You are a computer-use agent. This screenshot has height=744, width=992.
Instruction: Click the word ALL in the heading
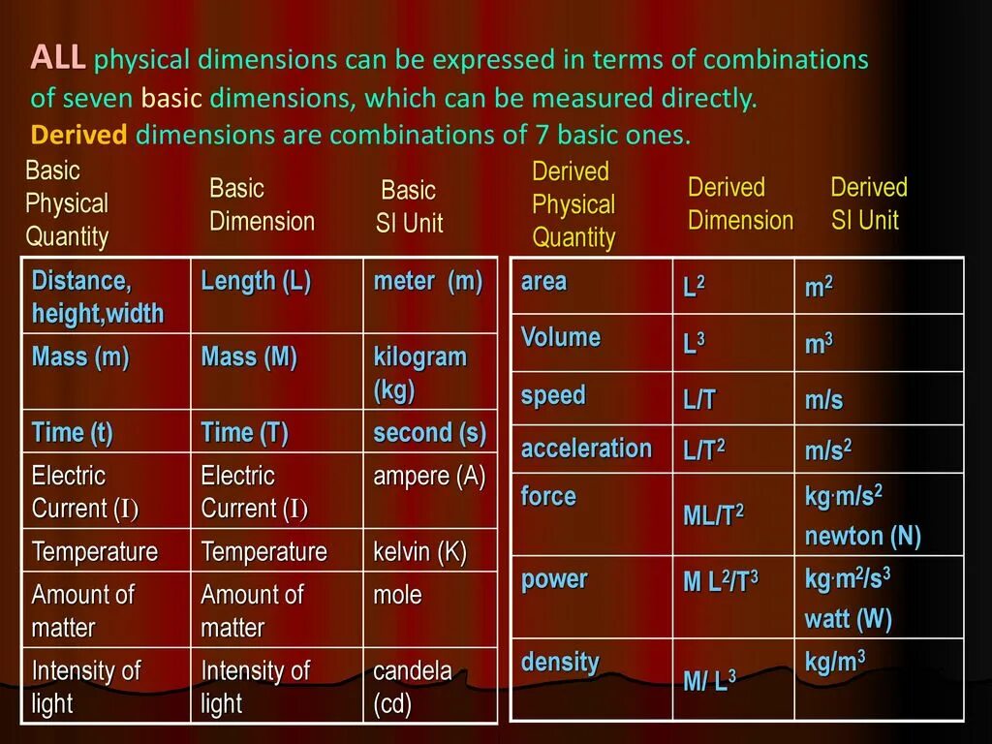pyautogui.click(x=57, y=58)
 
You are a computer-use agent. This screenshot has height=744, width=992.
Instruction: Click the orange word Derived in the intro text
pyautogui.click(x=78, y=135)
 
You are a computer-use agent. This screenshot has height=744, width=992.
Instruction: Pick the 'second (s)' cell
pyautogui.click(x=429, y=433)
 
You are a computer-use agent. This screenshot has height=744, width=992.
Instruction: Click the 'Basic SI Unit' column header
pyautogui.click(x=409, y=206)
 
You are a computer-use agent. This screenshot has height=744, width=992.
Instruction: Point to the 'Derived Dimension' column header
pyautogui.click(x=740, y=203)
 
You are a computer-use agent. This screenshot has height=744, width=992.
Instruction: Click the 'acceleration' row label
pyautogui.click(x=586, y=449)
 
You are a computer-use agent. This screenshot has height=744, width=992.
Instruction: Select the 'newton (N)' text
pyautogui.click(x=862, y=537)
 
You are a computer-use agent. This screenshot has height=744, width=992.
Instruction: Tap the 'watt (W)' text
pyautogui.click(x=848, y=619)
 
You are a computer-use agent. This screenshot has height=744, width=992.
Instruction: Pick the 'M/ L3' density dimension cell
pyautogui.click(x=709, y=680)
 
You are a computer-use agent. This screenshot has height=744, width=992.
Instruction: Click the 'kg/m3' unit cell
pyautogui.click(x=834, y=662)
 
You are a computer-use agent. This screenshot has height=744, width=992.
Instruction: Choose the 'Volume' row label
pyautogui.click(x=560, y=338)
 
